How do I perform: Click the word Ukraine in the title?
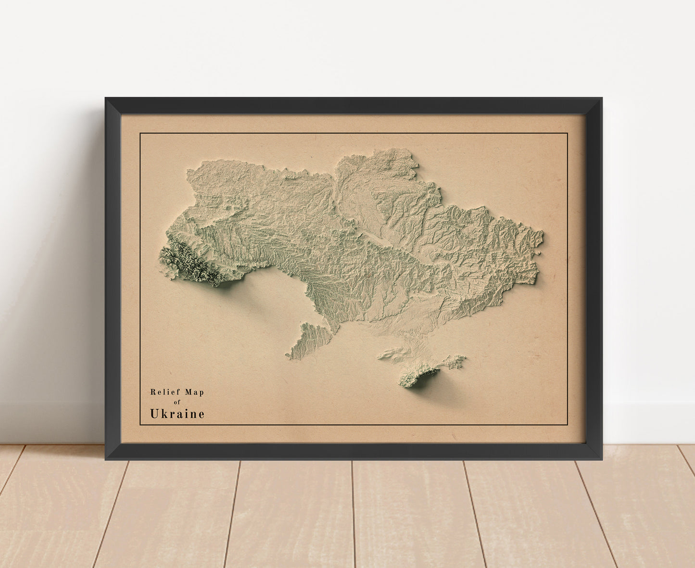coord(177,414)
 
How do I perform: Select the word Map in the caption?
coord(192,392)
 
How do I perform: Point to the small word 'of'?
coord(177,402)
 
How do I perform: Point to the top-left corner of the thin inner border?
coord(140,133)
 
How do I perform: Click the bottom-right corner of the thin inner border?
coord(568,425)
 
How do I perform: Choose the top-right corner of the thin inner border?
coord(568,133)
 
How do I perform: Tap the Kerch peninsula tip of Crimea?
coord(463,357)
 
